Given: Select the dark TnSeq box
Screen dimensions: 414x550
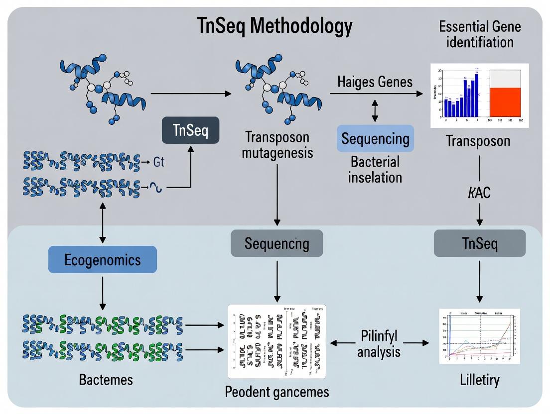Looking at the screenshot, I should click(x=189, y=130).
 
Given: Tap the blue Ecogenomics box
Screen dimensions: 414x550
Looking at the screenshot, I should click(x=102, y=259).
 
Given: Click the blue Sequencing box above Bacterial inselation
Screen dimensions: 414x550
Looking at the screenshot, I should click(x=375, y=138).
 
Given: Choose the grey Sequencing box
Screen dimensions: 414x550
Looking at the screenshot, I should click(x=276, y=243).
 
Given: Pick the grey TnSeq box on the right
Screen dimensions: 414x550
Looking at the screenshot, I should click(x=479, y=243).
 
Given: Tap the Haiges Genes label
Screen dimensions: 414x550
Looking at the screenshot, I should click(x=375, y=81).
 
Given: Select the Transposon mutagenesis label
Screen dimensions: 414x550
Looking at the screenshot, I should click(x=277, y=144).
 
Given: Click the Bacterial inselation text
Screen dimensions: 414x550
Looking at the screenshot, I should click(x=375, y=169).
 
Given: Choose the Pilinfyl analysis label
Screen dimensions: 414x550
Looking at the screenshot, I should click(x=379, y=343).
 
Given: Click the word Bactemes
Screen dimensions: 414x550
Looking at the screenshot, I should click(x=106, y=380).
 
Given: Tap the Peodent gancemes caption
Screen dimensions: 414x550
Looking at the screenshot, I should click(x=277, y=392).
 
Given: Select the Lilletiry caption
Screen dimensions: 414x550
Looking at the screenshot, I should click(x=479, y=381).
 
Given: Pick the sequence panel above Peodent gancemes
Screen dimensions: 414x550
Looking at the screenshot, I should click(x=276, y=341).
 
